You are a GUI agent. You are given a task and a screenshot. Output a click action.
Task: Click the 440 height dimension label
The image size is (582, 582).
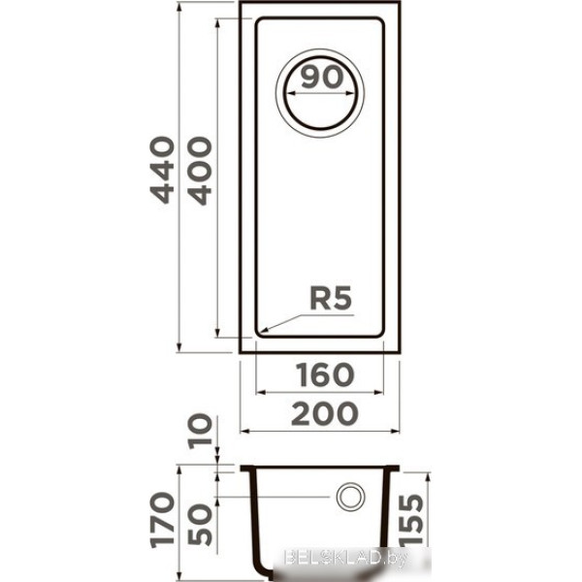[x=162, y=170]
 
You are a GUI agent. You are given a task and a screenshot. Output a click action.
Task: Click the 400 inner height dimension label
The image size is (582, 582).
[x=199, y=171]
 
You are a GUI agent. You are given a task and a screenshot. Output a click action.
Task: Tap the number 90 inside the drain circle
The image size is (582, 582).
[x=322, y=77]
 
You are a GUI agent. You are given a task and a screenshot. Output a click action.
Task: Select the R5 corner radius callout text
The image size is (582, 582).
[x=331, y=298]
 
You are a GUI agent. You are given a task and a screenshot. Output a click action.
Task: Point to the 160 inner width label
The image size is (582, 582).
[x=325, y=374]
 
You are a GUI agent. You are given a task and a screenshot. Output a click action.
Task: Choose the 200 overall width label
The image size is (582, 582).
[x=325, y=413]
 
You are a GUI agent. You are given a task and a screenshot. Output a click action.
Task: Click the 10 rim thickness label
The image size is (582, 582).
[x=200, y=432]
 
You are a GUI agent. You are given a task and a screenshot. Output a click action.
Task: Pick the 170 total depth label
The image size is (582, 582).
[x=162, y=520]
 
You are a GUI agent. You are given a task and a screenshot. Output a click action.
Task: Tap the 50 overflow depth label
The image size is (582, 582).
[x=200, y=524]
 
